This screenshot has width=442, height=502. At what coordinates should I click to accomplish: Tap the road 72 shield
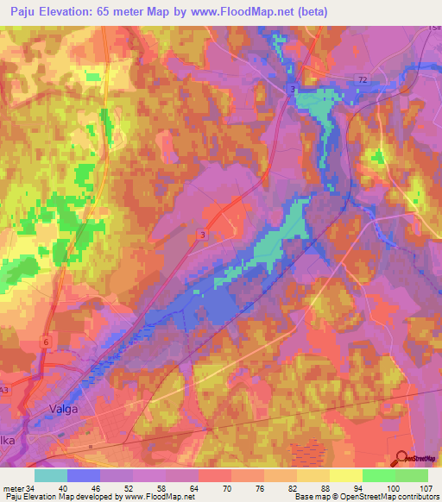point(363,79)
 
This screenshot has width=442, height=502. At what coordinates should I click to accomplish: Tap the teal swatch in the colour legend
point(51,475)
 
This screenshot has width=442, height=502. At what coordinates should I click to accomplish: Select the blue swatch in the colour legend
point(84,475)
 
